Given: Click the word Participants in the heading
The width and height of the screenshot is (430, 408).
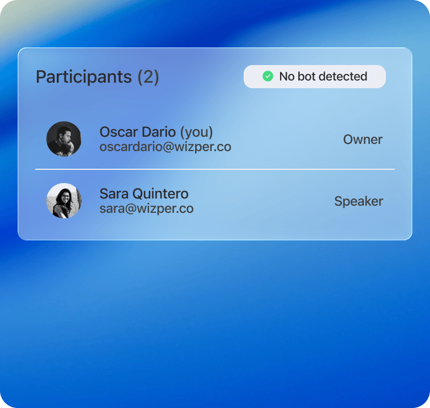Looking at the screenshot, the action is click(x=84, y=77).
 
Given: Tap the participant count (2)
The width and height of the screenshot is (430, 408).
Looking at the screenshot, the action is click(x=148, y=77).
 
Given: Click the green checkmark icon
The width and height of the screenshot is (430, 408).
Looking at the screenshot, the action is click(x=268, y=76).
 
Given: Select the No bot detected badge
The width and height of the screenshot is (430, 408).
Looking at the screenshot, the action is click(x=315, y=77).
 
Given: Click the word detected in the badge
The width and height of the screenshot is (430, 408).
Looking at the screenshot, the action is click(x=343, y=76).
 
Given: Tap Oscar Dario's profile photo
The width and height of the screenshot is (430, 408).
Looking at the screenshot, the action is click(x=64, y=139).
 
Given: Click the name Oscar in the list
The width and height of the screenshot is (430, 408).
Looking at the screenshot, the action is click(x=119, y=132).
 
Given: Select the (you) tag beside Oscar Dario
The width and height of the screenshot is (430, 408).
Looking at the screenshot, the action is click(x=196, y=133).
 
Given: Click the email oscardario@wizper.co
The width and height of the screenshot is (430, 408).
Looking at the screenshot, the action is click(x=165, y=147).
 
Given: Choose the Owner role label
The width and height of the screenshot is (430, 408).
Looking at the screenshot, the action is click(x=363, y=139).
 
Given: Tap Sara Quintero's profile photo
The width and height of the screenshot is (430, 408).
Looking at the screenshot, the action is click(x=64, y=201).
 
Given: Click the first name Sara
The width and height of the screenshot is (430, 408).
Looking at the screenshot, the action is click(x=114, y=194).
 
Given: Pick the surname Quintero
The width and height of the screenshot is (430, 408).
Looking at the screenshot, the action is click(x=160, y=194).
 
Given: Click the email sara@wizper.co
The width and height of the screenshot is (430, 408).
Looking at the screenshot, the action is click(x=147, y=208).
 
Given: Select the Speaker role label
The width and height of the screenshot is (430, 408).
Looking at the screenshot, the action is click(x=359, y=202).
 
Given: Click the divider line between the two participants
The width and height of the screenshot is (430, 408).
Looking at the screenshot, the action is click(x=215, y=169).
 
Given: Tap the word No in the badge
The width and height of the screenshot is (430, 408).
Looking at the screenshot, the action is click(x=287, y=77).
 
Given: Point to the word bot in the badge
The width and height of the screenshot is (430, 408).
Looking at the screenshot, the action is click(x=307, y=76).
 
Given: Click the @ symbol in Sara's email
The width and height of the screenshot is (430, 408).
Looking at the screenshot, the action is click(x=131, y=208).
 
